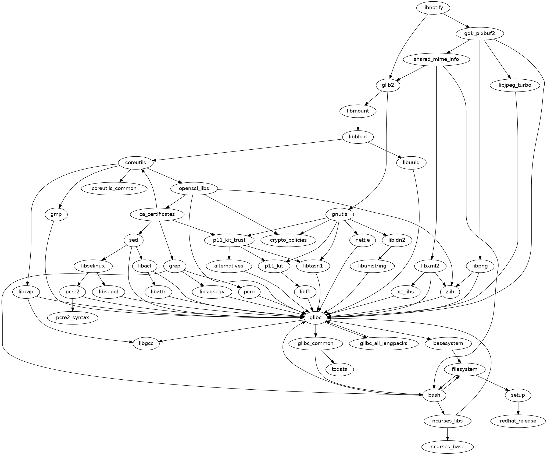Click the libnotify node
[433, 8]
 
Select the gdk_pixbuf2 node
[480, 34]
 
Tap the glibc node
[315, 318]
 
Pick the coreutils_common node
[114, 188]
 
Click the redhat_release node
[518, 421]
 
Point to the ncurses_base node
[448, 447]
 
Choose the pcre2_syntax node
[73, 318]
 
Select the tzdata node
[339, 369]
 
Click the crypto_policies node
[288, 240]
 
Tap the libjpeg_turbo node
[515, 85]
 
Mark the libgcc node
[146, 343]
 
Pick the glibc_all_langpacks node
[384, 343]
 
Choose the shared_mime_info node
[436, 59]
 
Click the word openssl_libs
[194, 188]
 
